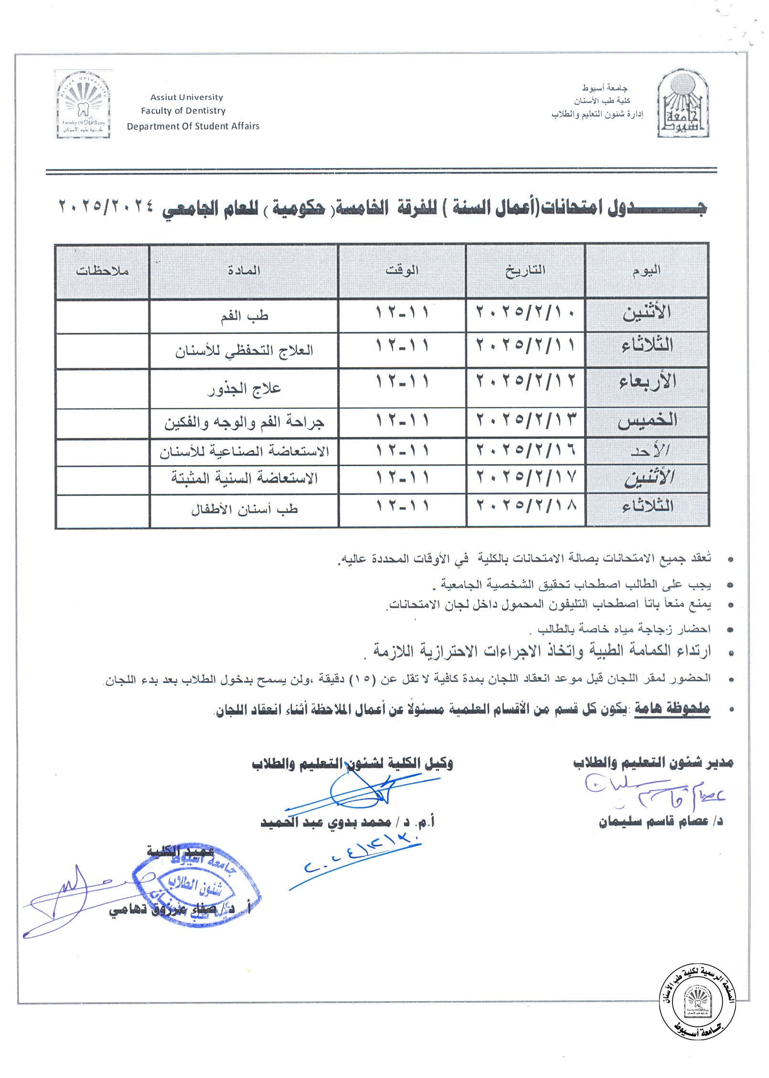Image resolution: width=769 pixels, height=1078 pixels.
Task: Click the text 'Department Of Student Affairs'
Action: [193, 126]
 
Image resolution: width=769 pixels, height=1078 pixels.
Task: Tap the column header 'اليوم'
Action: [646, 271]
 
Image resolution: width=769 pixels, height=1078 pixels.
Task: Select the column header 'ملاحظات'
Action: [102, 271]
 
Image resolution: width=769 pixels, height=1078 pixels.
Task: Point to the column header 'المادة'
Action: [244, 271]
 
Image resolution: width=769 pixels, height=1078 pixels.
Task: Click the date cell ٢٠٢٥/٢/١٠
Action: [525, 313]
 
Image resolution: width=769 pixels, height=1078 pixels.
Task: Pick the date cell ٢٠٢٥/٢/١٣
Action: [525, 420]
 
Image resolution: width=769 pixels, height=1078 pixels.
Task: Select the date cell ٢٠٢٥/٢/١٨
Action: [525, 505]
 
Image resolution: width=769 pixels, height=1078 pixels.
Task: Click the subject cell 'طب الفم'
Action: [244, 317]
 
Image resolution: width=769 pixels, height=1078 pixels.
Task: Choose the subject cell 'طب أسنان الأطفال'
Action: [244, 510]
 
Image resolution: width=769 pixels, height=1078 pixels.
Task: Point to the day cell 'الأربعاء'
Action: [647, 382]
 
